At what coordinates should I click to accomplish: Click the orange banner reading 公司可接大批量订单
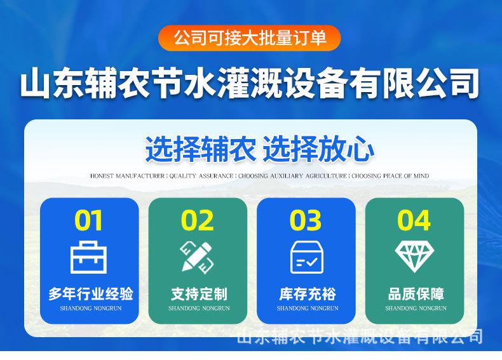pyautogui.click(x=249, y=38)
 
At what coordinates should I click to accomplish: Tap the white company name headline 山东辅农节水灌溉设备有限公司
pyautogui.click(x=250, y=83)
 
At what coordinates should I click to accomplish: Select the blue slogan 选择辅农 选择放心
pyautogui.click(x=260, y=149)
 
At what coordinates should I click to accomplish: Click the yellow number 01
pyautogui.click(x=88, y=220)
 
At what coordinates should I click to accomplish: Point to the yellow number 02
pyautogui.click(x=197, y=220)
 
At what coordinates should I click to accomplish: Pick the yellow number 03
pyautogui.click(x=306, y=220)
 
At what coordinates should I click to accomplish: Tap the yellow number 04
pyautogui.click(x=414, y=220)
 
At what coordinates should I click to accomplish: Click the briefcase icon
pyautogui.click(x=88, y=257)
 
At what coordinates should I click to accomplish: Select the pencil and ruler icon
pyautogui.click(x=197, y=258)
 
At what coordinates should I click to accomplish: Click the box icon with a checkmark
pyautogui.click(x=307, y=257)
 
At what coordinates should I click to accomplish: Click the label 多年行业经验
pyautogui.click(x=91, y=294)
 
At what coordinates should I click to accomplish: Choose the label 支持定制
pyautogui.click(x=199, y=294)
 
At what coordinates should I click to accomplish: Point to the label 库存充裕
pyautogui.click(x=308, y=294)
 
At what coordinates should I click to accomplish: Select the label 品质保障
pyautogui.click(x=416, y=294)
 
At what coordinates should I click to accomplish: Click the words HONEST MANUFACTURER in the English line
pyautogui.click(x=127, y=176)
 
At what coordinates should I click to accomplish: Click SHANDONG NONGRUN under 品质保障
pyautogui.click(x=416, y=308)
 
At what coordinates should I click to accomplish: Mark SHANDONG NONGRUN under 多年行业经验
pyautogui.click(x=91, y=308)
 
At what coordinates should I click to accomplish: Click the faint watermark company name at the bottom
pyautogui.click(x=360, y=336)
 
